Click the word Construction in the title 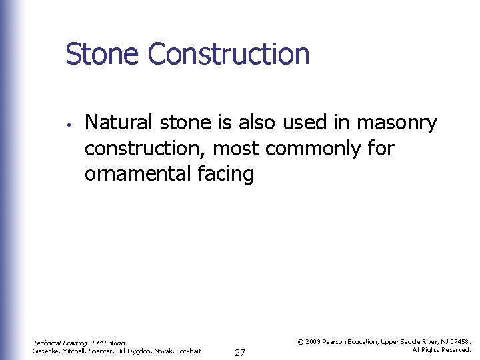click(x=229, y=54)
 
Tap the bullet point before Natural click(x=69, y=124)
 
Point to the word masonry click(x=397, y=123)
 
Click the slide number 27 click(x=240, y=353)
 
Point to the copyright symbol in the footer click(x=301, y=341)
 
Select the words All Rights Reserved click(x=441, y=349)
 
